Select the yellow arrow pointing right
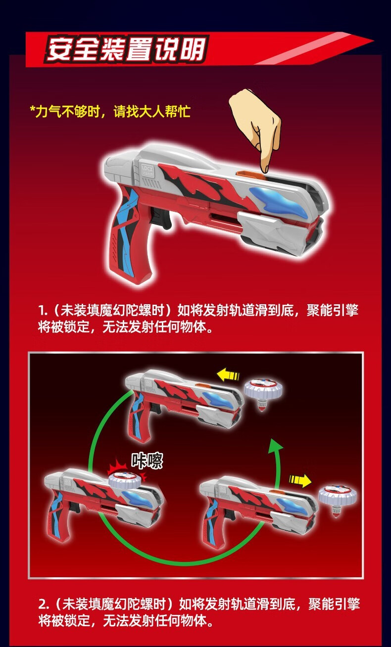coord(300,479)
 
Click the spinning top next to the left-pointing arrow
coord(264,392)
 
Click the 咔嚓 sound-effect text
coord(147,461)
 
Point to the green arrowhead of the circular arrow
coord(275,447)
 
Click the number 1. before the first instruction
coord(43,311)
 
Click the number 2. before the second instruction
coord(44,604)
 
